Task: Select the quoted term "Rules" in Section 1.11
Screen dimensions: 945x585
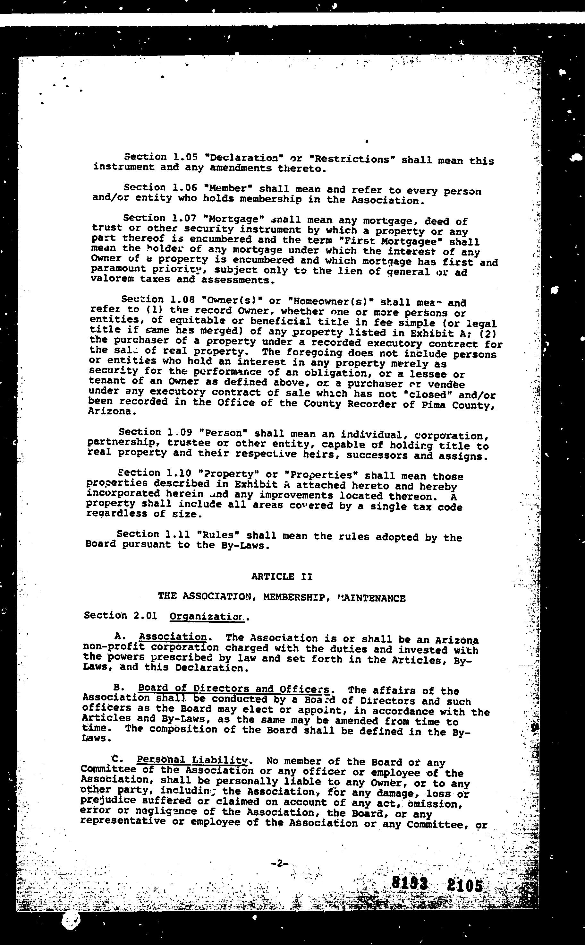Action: pos(218,535)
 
